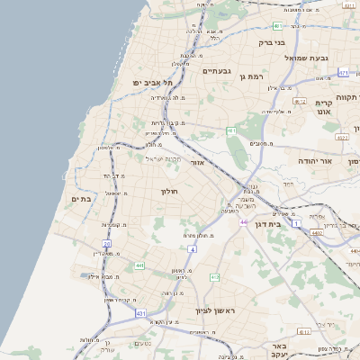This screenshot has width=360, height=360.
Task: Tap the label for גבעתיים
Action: [217, 71]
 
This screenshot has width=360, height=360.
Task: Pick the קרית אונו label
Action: [325, 107]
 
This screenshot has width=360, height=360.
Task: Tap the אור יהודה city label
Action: [316, 160]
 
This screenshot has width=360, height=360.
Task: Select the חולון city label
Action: [171, 191]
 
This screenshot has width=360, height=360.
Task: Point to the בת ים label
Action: [80, 199]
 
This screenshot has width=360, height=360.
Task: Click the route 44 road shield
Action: [243, 221]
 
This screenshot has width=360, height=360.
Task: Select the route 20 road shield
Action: [106, 243]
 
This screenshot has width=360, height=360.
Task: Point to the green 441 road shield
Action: [139, 265]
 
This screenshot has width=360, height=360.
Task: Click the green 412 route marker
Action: [214, 277]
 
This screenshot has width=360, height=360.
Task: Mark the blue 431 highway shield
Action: [140, 312]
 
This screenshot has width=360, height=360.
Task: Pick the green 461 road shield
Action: [231, 131]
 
